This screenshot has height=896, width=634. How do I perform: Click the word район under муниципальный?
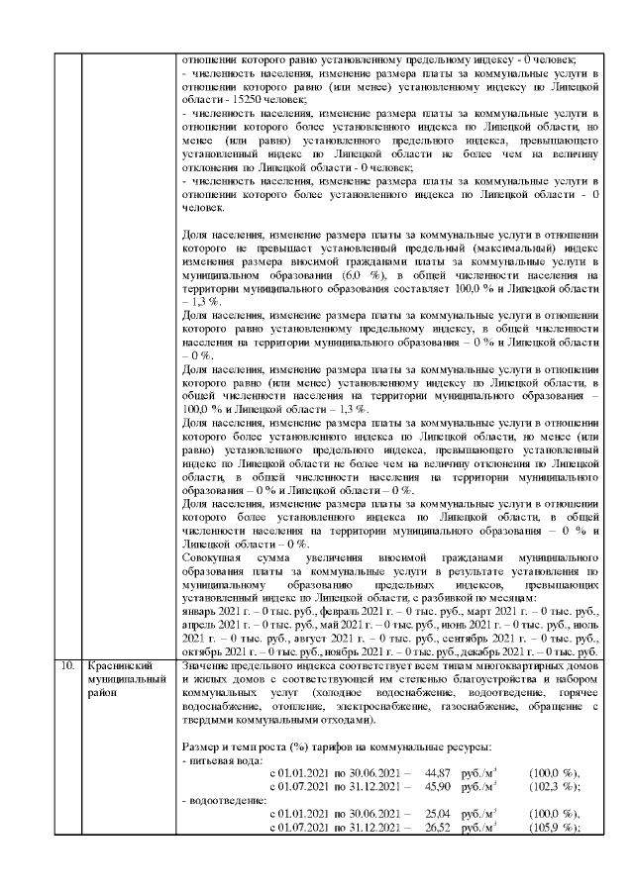(x=103, y=693)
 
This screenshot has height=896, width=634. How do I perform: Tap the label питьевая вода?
(x=226, y=758)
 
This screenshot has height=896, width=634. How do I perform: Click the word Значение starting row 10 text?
(x=207, y=666)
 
